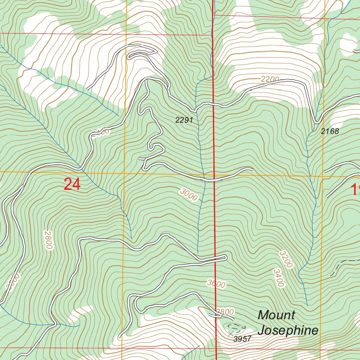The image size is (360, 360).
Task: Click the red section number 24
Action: click(x=72, y=184)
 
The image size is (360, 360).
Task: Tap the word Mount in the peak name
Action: click(x=276, y=315)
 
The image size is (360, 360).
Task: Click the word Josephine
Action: click(x=288, y=330)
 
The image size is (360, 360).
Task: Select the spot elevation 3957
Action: click(x=242, y=339)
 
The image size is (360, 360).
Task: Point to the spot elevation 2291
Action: click(x=184, y=120)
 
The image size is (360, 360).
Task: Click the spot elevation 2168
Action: click(x=330, y=131)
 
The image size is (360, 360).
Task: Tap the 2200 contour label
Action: click(x=270, y=79)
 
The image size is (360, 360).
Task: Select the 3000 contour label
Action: click(x=188, y=194)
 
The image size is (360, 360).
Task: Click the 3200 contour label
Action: click(x=286, y=259)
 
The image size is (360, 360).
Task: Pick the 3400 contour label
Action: click(x=278, y=278)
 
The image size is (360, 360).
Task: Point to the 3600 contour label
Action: click(x=216, y=283)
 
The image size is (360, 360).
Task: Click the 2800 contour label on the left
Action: click(x=48, y=240)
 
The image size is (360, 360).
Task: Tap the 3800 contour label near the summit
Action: click(x=225, y=311)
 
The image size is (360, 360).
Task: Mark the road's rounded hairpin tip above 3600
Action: click(x=225, y=258)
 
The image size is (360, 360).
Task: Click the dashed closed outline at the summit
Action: click(x=235, y=328)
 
